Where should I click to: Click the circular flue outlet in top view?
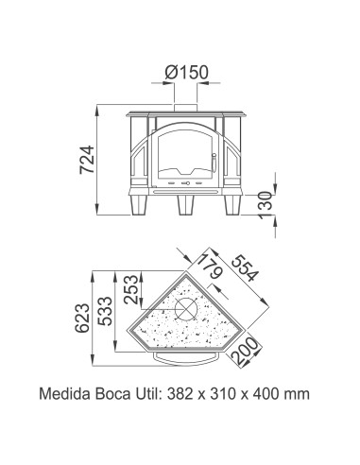click(x=188, y=310)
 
